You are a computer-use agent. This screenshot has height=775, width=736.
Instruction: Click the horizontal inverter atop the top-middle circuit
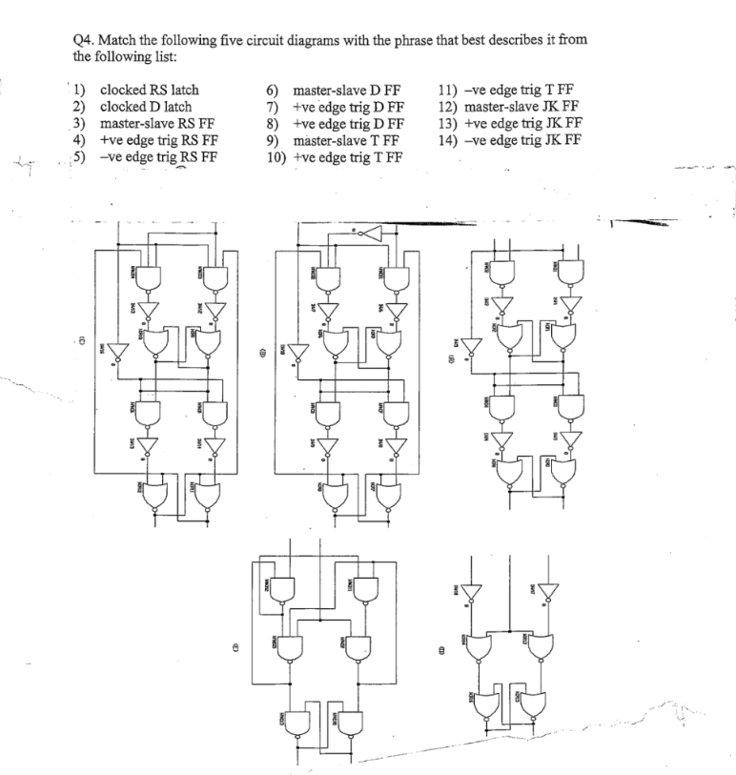pos(370,234)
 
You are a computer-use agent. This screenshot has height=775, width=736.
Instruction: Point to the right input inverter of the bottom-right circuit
pos(543,594)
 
